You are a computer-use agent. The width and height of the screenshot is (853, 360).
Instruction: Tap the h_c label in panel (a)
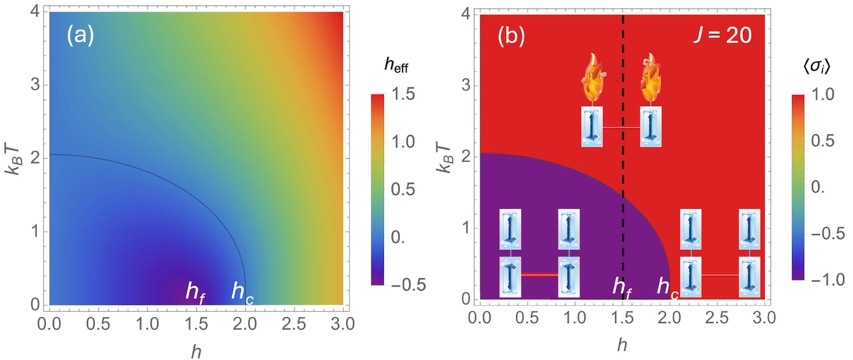[x=242, y=291]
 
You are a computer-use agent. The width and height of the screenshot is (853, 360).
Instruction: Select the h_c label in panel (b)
[x=668, y=287]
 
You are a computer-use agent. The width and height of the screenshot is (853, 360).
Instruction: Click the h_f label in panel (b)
[x=622, y=287]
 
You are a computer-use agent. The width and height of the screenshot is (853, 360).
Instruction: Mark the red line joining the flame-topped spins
[x=622, y=128]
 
